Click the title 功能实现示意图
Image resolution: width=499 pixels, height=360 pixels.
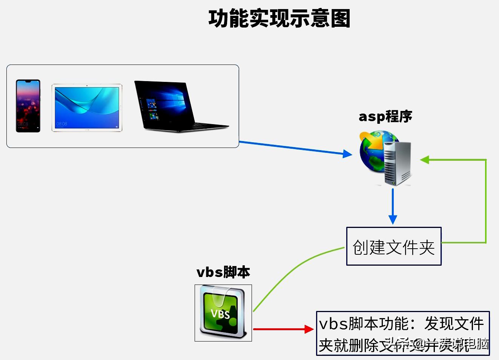click(x=279, y=19)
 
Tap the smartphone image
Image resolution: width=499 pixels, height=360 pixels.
click(x=28, y=106)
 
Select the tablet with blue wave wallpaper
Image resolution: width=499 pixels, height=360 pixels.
click(x=87, y=108)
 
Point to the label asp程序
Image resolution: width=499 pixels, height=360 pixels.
click(x=385, y=117)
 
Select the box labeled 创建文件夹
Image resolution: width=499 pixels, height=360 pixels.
click(x=393, y=246)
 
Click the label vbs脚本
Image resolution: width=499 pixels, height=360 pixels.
click(x=223, y=272)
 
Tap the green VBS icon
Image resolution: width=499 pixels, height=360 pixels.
click(x=223, y=313)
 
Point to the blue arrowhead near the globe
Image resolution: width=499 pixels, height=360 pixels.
click(x=347, y=154)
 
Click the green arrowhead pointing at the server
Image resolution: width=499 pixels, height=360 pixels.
click(x=425, y=160)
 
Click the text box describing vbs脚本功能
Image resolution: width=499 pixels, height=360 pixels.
click(x=402, y=333)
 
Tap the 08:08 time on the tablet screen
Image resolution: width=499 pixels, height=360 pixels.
click(x=61, y=124)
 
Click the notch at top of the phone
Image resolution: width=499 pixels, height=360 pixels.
click(x=28, y=81)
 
